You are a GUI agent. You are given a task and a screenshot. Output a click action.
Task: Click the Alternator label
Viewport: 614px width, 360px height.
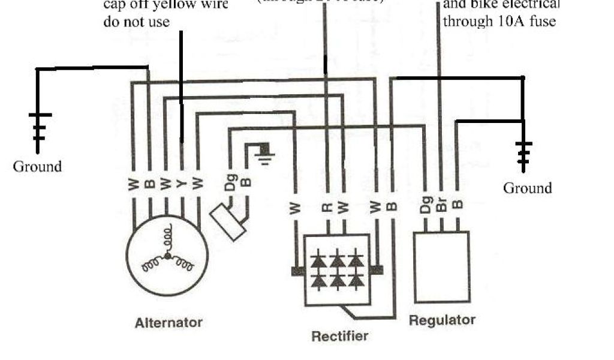pyautogui.click(x=168, y=323)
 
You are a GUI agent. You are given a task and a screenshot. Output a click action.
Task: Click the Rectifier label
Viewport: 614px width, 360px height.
pyautogui.click(x=339, y=336)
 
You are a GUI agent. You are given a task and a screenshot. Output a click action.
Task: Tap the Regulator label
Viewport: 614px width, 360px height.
pyautogui.click(x=442, y=320)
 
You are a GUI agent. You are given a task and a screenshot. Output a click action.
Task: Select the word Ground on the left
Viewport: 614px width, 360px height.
pyautogui.click(x=37, y=166)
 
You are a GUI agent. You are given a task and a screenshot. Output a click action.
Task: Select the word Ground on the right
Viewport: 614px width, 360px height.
pyautogui.click(x=527, y=188)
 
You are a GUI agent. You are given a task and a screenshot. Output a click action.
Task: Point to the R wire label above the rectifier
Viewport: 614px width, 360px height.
pyautogui.click(x=327, y=208)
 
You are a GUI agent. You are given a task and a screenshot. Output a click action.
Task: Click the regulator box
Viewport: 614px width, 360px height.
pyautogui.click(x=442, y=268)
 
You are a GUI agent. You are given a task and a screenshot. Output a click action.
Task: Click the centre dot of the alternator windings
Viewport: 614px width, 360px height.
pyautogui.click(x=168, y=256)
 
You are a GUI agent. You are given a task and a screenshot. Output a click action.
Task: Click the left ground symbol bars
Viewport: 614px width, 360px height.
pyautogui.click(x=39, y=127)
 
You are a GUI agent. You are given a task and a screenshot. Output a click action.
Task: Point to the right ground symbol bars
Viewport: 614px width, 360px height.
pyautogui.click(x=523, y=154)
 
